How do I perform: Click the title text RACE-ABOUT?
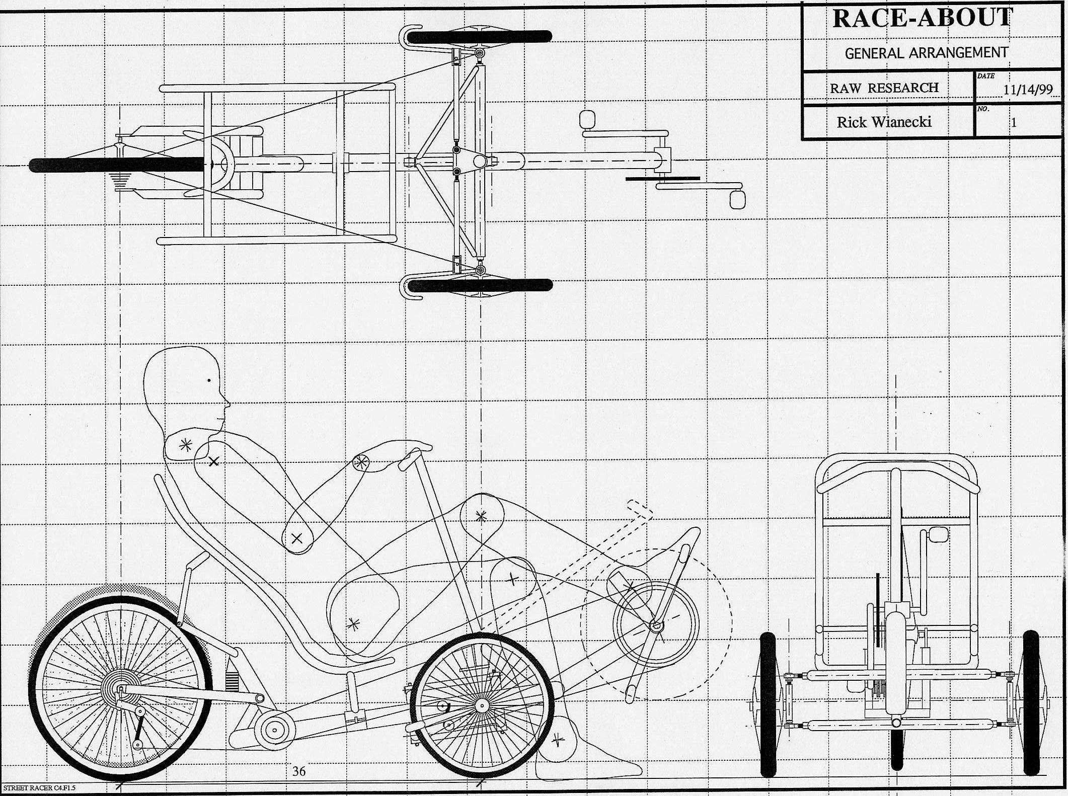(x=922, y=19)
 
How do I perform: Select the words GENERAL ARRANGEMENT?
(x=926, y=53)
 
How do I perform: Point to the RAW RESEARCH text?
(x=884, y=88)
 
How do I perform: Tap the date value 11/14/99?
(x=1028, y=90)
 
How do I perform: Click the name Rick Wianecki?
(x=884, y=122)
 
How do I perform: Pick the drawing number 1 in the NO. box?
(x=1014, y=122)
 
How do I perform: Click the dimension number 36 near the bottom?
(x=299, y=771)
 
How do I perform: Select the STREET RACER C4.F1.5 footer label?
(x=39, y=787)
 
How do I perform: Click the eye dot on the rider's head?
(x=209, y=380)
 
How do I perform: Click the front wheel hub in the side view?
(x=482, y=706)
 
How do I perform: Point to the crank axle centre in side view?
(x=655, y=626)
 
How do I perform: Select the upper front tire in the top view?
(x=480, y=36)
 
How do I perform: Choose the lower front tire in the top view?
(x=480, y=286)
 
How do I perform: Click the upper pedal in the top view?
(x=587, y=120)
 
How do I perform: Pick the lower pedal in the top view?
(x=737, y=198)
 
